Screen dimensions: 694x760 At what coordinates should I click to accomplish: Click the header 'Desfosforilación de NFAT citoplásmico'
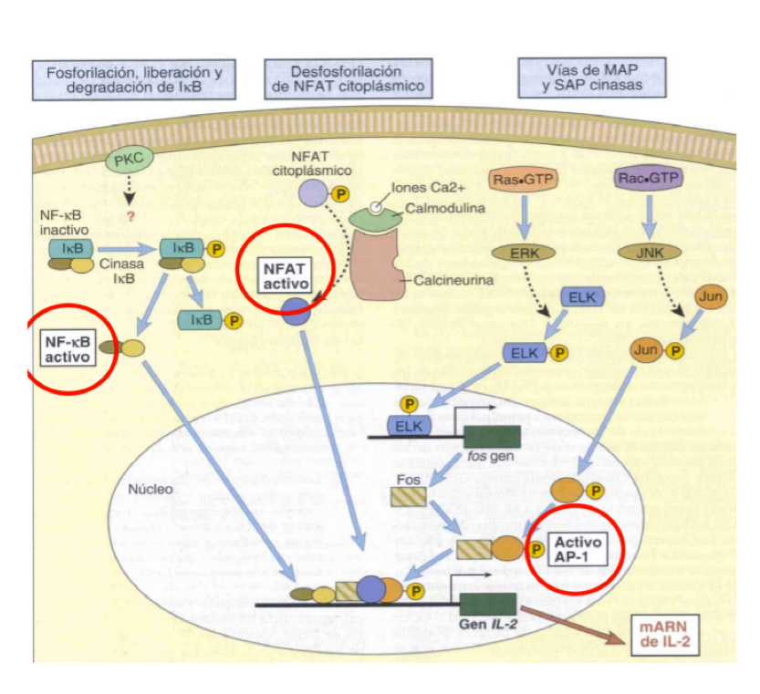pos(346,78)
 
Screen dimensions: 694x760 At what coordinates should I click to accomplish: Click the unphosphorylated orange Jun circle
pos(711,297)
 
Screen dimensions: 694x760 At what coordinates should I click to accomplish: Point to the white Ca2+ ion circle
pos(375,208)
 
